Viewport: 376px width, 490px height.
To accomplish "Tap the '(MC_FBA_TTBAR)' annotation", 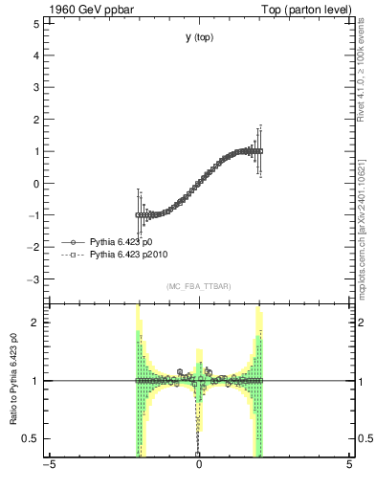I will pyautogui.click(x=199, y=287).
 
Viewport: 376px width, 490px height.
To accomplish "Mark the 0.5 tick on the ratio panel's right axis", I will pyautogui.click(x=364, y=438).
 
